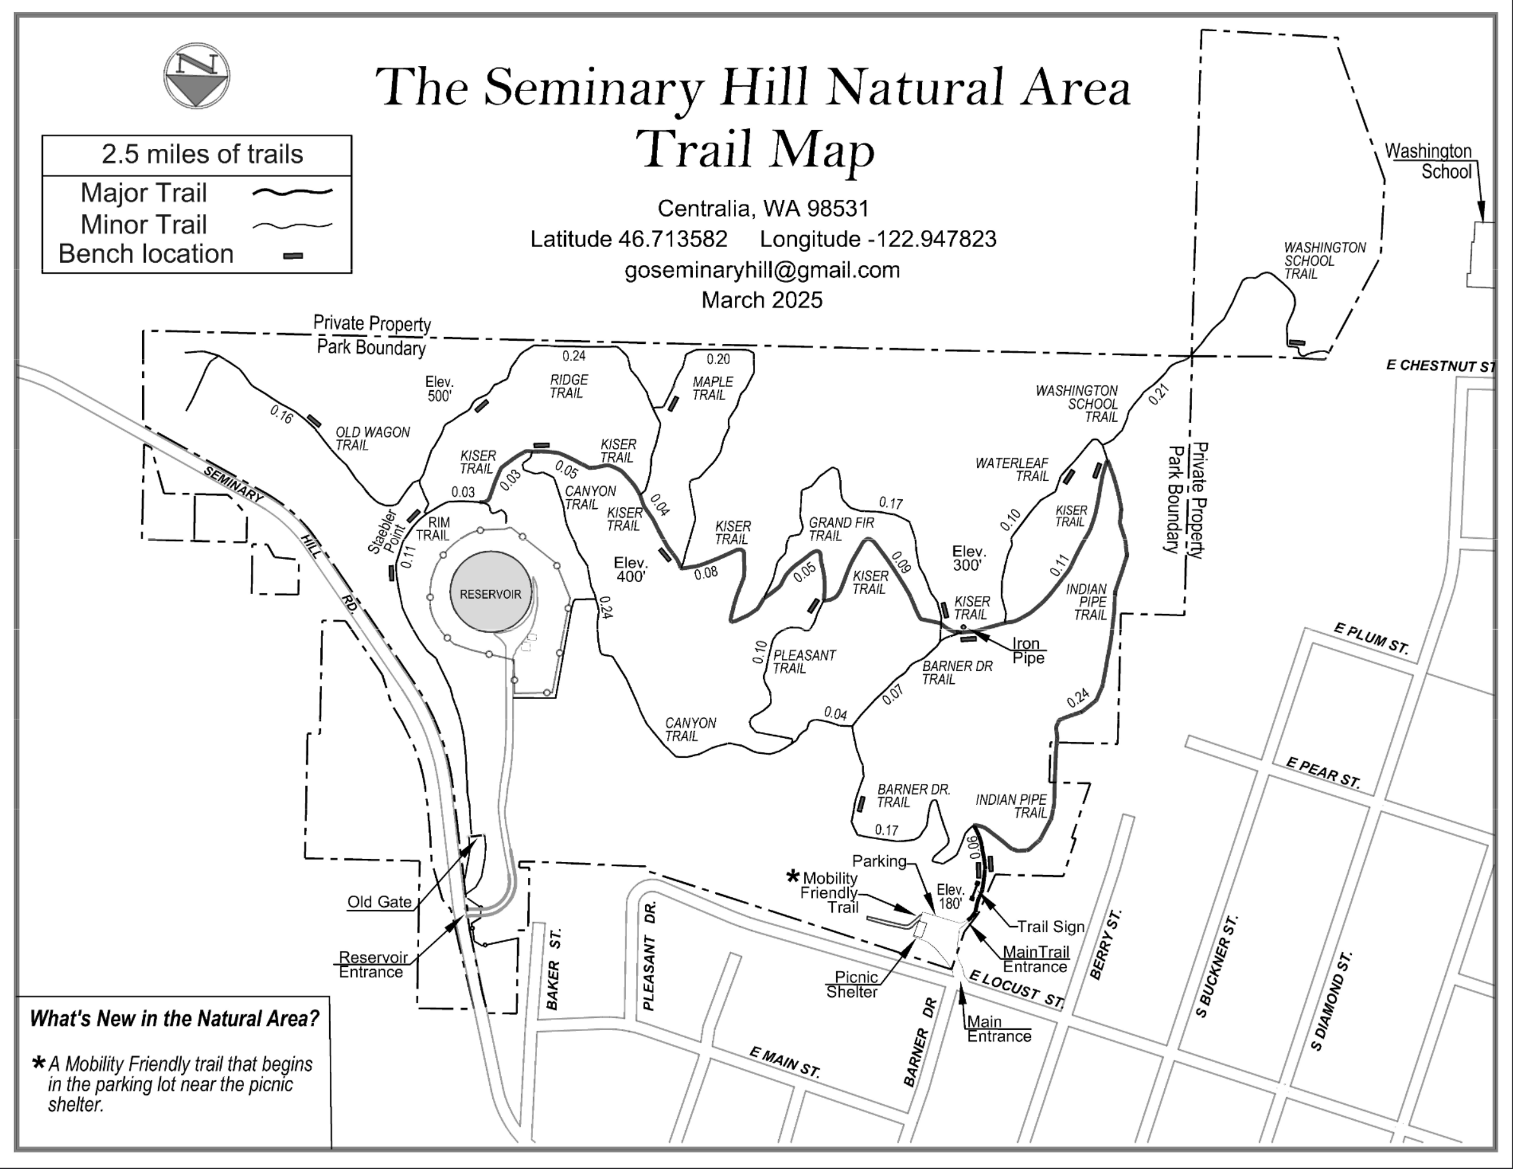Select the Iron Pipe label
[x=1027, y=651]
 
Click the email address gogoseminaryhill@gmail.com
[x=762, y=269]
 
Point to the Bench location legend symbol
[x=293, y=256]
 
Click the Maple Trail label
[x=711, y=388]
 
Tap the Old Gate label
[x=379, y=902]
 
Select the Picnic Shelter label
[x=854, y=984]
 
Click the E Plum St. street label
[x=1371, y=638]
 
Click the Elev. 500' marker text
[x=439, y=388]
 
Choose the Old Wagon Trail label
[x=372, y=438]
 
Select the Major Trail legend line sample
[x=292, y=192]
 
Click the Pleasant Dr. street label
[x=649, y=956]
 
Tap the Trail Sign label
[x=1050, y=926]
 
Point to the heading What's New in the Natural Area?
[x=174, y=1019]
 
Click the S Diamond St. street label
[x=1332, y=1002]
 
